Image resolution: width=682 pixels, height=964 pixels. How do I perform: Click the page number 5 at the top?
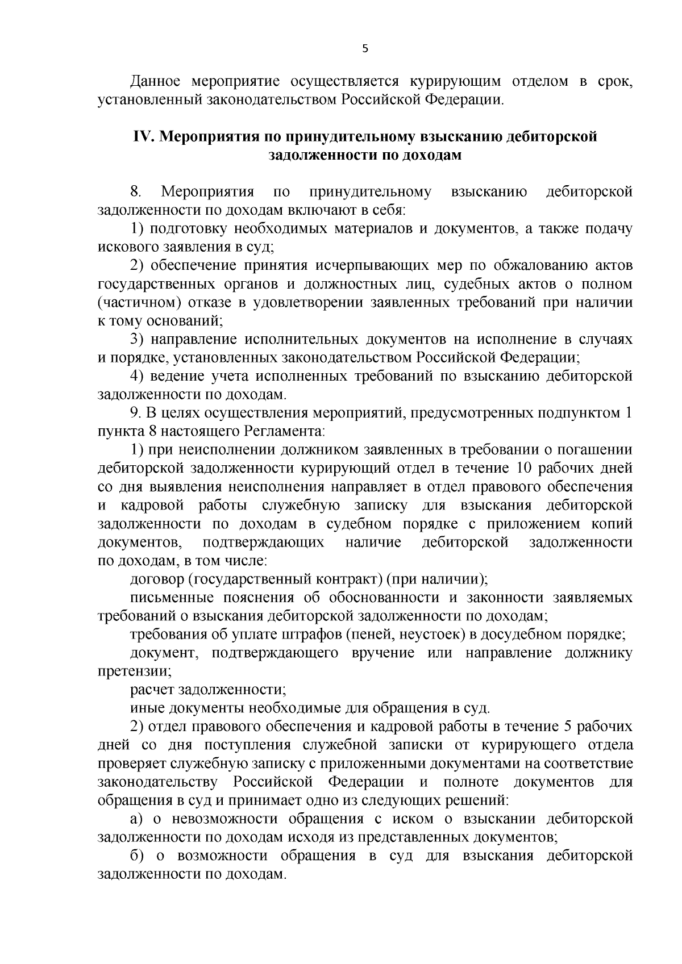coord(365,49)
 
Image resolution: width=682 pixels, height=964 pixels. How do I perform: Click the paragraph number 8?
coord(135,192)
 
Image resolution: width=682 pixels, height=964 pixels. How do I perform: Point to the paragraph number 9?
coord(135,413)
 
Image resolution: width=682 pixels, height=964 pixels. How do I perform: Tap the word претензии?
coord(135,671)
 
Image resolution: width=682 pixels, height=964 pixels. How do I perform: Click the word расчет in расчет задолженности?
coord(152,690)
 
